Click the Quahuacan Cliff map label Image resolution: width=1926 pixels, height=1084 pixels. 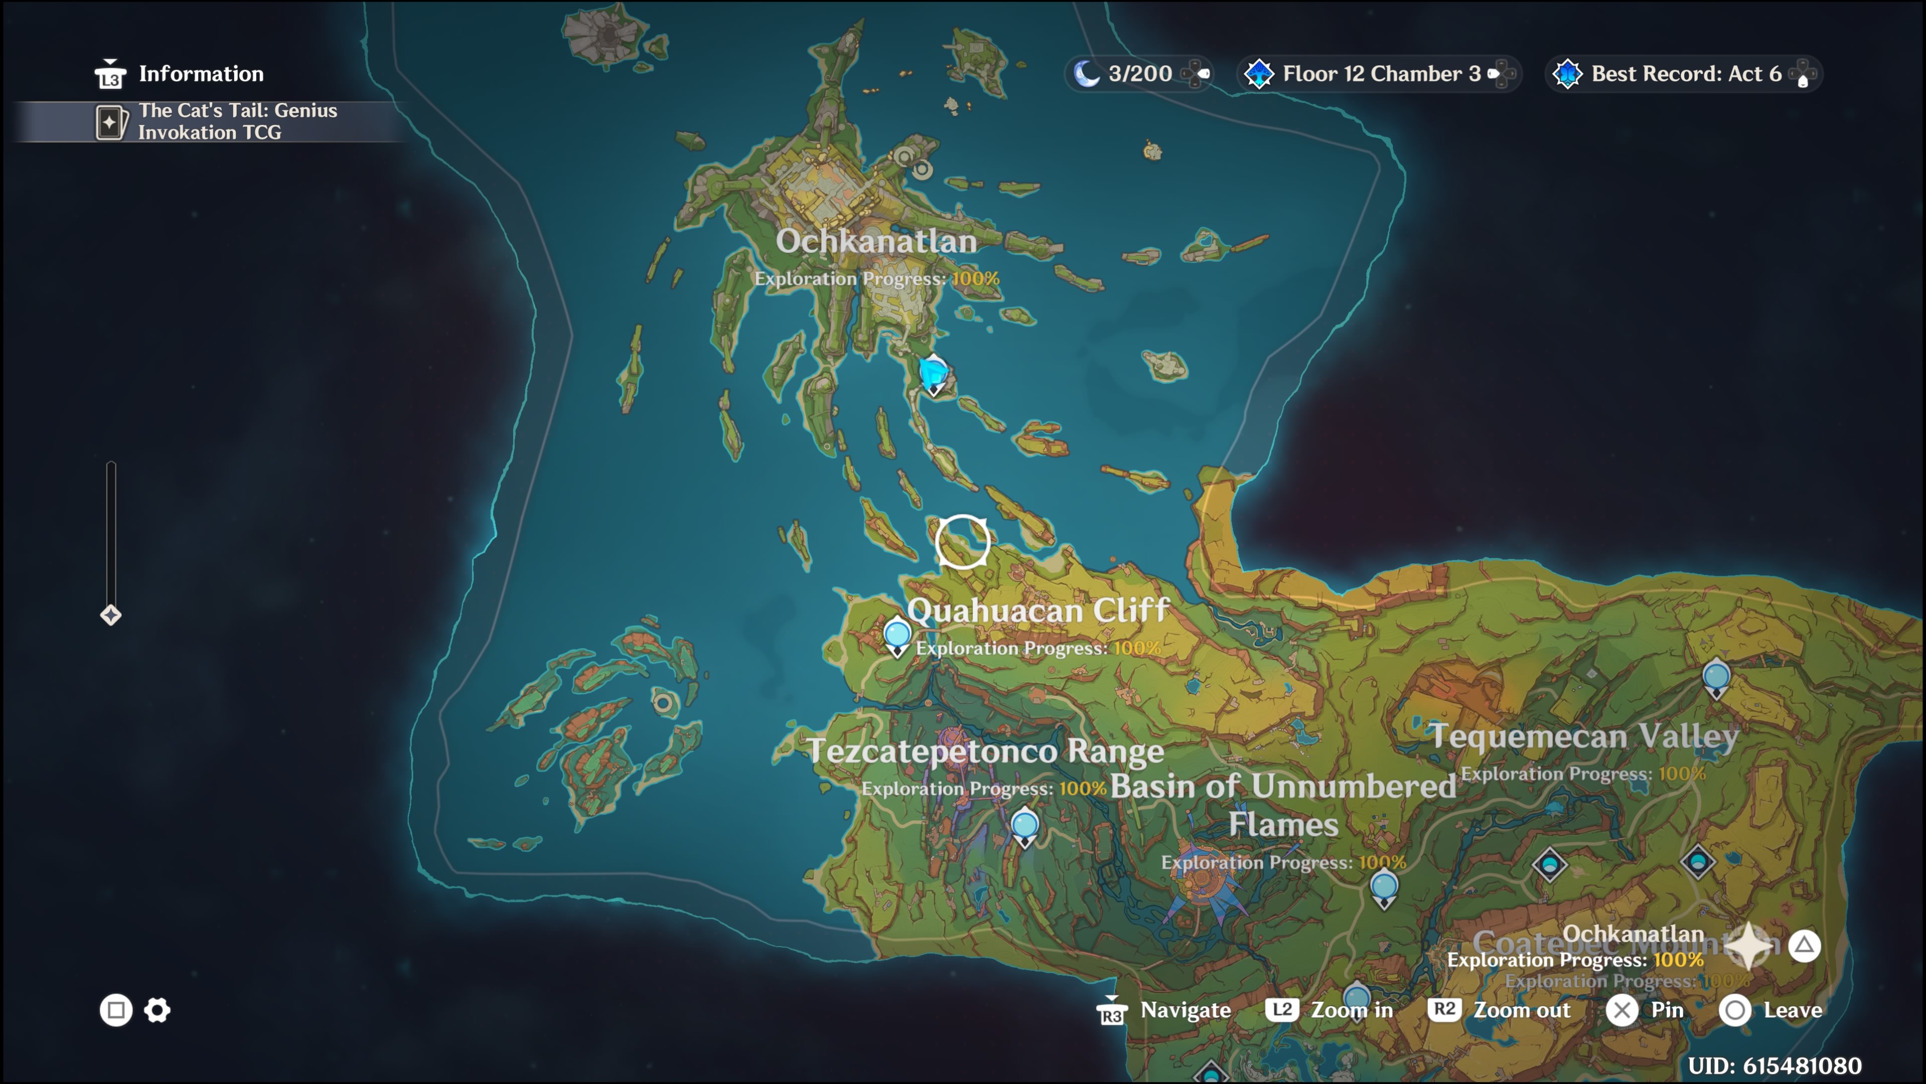coord(1038,610)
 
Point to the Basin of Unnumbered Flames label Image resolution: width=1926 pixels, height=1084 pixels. coord(1283,804)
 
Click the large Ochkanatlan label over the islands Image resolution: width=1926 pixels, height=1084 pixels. coord(876,241)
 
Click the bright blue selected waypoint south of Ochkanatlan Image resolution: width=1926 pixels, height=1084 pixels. coord(933,372)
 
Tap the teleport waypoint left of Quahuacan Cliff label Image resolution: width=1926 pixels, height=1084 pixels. coord(897,634)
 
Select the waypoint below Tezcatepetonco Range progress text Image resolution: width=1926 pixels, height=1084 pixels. coord(1024,825)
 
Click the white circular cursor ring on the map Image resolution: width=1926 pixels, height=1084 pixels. coord(962,541)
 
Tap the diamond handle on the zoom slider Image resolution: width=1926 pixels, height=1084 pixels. coord(111,615)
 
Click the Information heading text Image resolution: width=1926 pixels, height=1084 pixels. coord(201,73)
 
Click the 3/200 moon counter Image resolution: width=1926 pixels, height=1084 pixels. coord(1140,73)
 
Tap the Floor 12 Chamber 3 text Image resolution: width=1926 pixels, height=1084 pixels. coord(1381,73)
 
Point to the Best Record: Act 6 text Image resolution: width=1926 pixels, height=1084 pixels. coord(1685,73)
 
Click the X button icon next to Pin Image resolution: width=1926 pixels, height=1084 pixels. coord(1622,1011)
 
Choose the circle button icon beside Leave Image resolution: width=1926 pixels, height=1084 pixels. coord(1734,1011)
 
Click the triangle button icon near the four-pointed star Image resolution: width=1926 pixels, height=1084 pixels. coord(1804,945)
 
